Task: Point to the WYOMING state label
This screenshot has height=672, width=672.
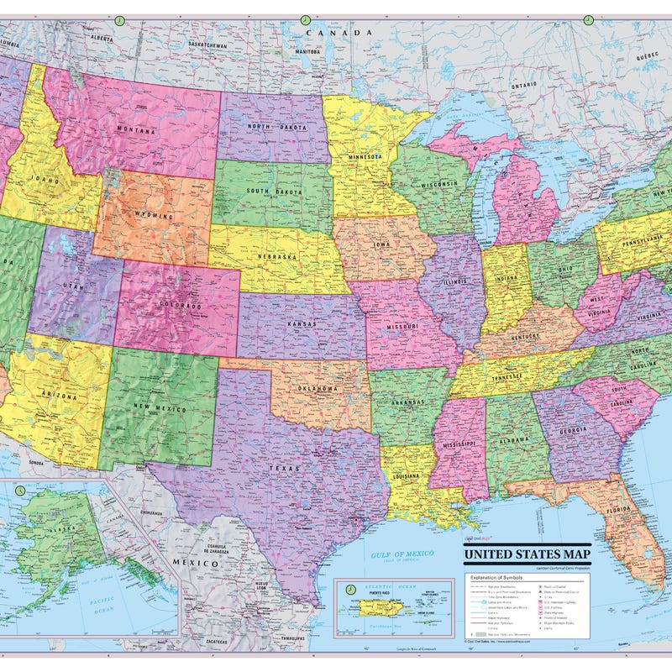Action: tap(152, 216)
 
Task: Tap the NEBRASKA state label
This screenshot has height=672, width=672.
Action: tap(277, 256)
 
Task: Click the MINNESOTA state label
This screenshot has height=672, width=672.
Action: tap(361, 156)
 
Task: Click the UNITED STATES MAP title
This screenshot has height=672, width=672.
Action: tap(527, 555)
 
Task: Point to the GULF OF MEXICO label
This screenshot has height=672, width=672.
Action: tap(404, 554)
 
